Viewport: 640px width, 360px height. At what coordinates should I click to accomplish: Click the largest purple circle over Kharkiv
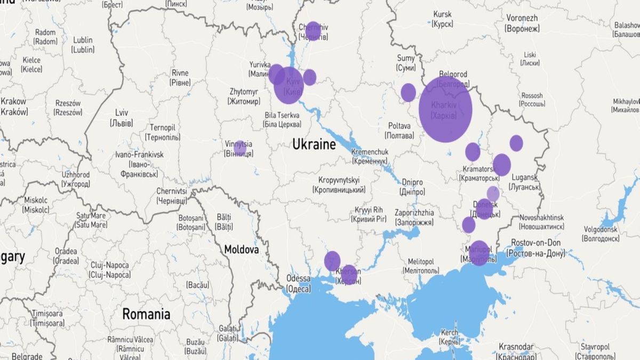pyautogui.click(x=445, y=109)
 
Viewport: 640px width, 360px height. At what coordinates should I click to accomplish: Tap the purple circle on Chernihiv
pyautogui.click(x=313, y=31)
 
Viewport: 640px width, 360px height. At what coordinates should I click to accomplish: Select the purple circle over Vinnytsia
pyautogui.click(x=240, y=148)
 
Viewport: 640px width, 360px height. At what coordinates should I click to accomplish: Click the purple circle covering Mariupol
pyautogui.click(x=479, y=253)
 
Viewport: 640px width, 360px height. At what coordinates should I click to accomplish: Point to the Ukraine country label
pyautogui.click(x=314, y=145)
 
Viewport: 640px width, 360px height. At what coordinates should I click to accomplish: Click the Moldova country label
pyautogui.click(x=241, y=249)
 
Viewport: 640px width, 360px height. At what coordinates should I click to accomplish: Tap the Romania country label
pyautogui.click(x=146, y=314)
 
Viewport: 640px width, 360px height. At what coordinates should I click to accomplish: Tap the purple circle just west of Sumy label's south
pyautogui.click(x=408, y=92)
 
